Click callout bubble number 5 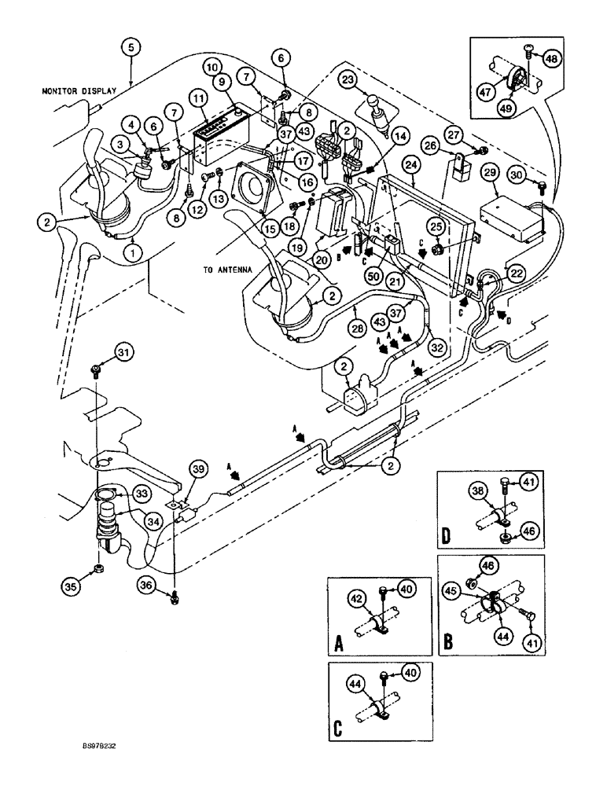131,46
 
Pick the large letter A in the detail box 340,645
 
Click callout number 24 410,165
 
